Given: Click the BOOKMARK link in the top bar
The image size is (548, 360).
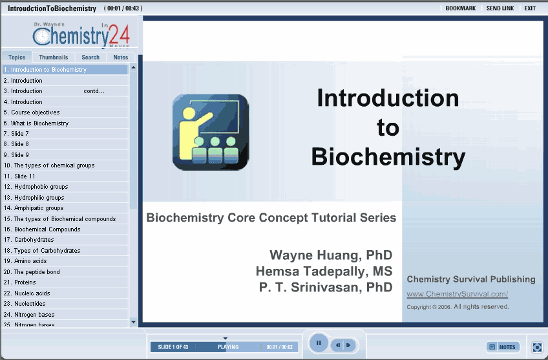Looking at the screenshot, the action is (460, 8).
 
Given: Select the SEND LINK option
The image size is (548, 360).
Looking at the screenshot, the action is (500, 8).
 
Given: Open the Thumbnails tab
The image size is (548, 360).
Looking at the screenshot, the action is (54, 57).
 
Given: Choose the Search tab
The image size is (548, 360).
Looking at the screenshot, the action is (90, 57).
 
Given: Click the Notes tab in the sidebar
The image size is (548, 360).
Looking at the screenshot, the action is (121, 57).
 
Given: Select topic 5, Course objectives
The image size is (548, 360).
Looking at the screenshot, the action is (32, 112).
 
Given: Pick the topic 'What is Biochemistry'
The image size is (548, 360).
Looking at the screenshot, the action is (36, 123).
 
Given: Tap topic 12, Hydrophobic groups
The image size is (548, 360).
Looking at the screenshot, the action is (36, 187).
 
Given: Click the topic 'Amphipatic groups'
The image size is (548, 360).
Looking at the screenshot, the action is (34, 208).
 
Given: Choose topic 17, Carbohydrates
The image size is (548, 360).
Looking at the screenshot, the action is (28, 239).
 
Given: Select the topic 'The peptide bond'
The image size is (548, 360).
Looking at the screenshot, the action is (32, 271).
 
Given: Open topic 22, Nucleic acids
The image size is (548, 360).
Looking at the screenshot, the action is (26, 293).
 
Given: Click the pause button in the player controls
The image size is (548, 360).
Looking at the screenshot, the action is (319, 343).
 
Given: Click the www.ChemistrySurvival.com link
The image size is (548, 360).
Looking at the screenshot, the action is (457, 294).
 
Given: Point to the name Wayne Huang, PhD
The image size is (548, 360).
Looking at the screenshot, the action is (331, 255).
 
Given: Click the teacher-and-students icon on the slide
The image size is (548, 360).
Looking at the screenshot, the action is (211, 132).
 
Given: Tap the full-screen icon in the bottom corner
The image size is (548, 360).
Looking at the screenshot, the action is (537, 347).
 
